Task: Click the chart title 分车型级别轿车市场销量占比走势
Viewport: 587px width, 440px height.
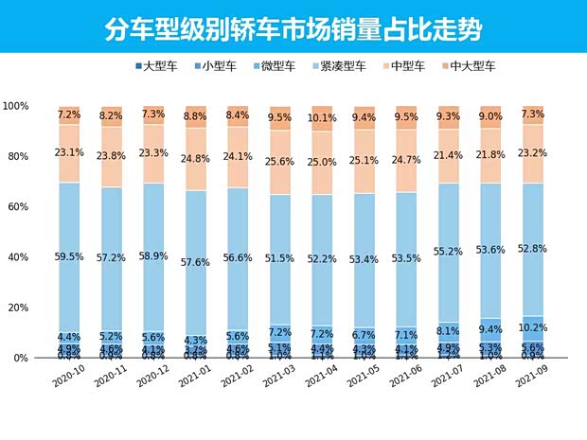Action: (293, 28)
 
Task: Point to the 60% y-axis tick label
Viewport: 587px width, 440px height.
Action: (20, 207)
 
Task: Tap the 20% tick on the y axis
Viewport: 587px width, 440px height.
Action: (20, 308)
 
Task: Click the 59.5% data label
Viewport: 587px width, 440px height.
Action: (69, 255)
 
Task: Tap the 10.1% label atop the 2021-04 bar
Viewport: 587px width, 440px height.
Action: (323, 118)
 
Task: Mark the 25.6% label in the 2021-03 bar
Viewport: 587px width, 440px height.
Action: (280, 163)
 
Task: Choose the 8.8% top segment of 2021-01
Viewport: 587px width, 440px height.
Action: (196, 117)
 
